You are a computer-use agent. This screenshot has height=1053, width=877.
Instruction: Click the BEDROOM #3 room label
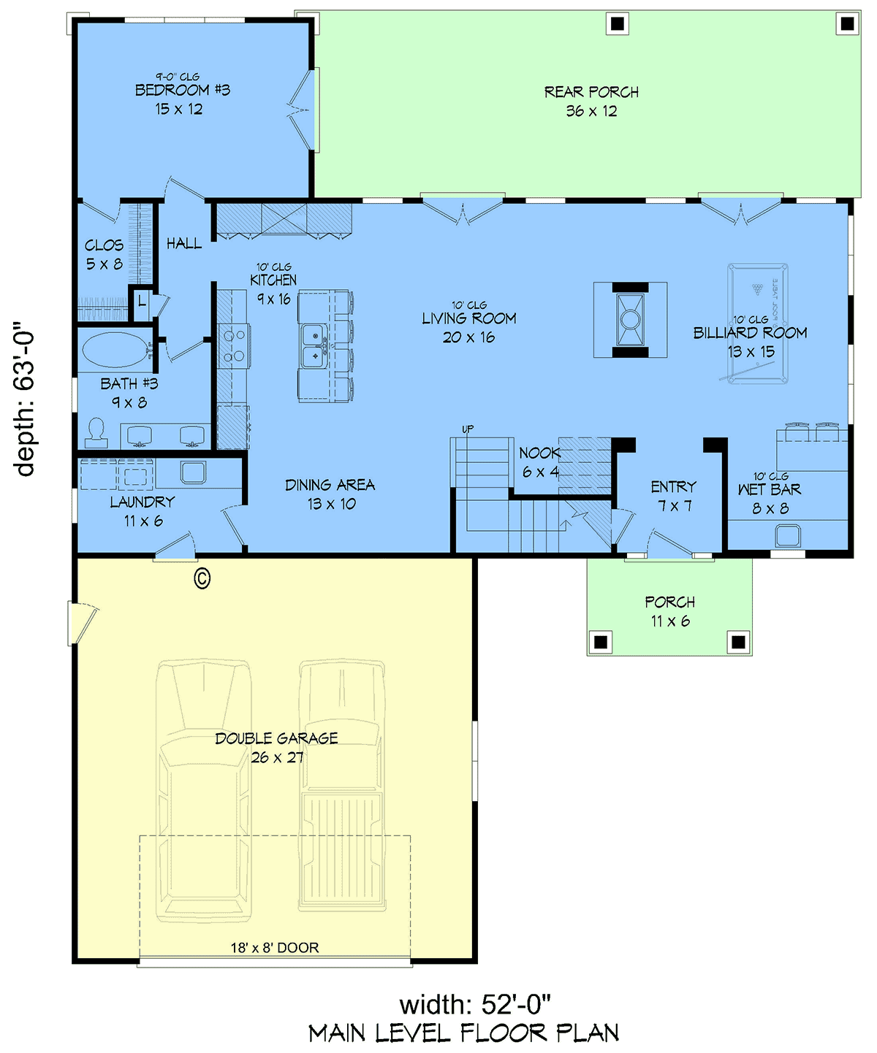[x=182, y=91]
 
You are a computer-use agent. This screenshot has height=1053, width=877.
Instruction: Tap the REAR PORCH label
[x=591, y=92]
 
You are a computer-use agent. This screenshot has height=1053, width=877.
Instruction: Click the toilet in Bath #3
[x=96, y=433]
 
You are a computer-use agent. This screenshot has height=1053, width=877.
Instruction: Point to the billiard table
[x=757, y=323]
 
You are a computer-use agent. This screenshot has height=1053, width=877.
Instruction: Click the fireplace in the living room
[x=630, y=320]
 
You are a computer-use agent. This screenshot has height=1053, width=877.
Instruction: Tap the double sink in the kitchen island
[x=314, y=346]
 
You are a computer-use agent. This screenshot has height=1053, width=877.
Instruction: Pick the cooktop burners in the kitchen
[x=234, y=346]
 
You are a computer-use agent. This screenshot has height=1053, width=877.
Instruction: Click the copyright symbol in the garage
[x=202, y=578]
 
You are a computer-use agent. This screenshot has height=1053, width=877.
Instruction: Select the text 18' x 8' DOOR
[x=275, y=948]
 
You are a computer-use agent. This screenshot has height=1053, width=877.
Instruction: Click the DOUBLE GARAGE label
[x=276, y=738]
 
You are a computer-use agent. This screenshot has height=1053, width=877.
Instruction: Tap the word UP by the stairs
[x=468, y=429]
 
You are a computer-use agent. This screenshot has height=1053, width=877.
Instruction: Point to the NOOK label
[x=540, y=453]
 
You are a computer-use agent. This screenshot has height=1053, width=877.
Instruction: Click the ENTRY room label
[x=674, y=486]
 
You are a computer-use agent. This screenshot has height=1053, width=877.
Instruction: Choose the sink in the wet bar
[x=788, y=535]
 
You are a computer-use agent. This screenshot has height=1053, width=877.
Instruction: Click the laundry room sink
[x=193, y=472]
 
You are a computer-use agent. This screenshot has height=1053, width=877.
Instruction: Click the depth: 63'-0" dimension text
[x=24, y=399]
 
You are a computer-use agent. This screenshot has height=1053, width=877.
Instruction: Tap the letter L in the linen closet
[x=143, y=302]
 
